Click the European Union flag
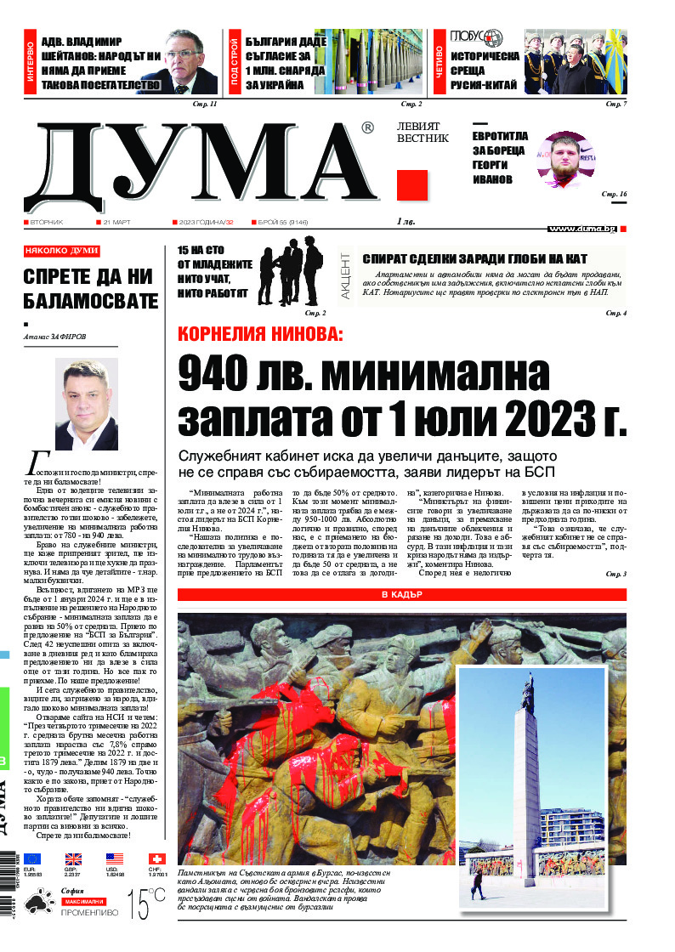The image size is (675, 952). [32, 859]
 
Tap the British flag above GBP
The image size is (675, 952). [73, 859]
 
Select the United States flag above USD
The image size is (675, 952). [115, 859]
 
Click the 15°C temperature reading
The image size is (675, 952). [146, 904]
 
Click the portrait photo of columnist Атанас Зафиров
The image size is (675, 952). [87, 404]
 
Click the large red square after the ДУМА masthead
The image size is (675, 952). [411, 185]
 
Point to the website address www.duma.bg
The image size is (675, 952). [582, 229]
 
